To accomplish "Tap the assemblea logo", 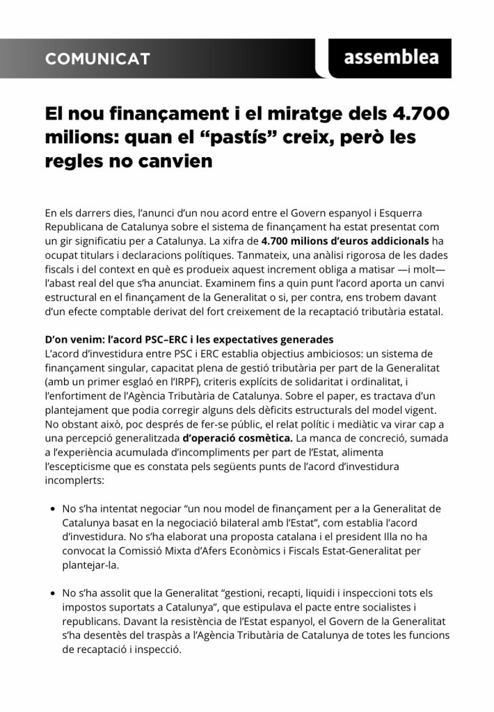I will coord(391,57).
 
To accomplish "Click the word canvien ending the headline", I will coord(173,161).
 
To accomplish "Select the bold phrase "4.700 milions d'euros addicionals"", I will coord(345,242).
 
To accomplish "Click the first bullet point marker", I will coord(53,510).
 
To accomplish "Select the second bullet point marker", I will coord(53,593).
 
